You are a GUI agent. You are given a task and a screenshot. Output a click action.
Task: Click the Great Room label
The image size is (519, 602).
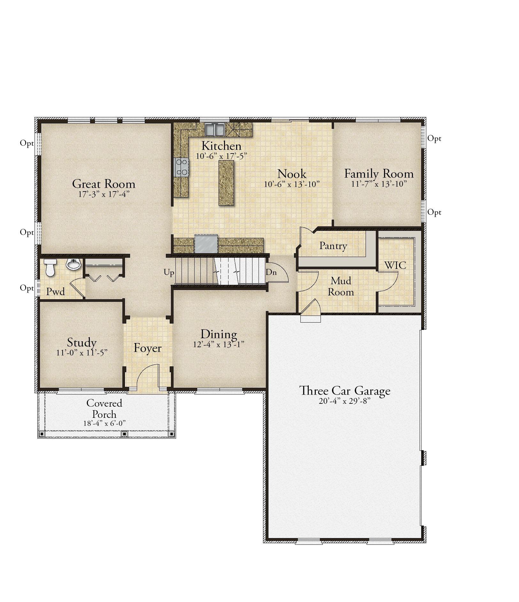pos(104,184)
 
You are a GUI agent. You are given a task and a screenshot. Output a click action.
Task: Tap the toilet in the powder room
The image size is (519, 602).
pos(50,268)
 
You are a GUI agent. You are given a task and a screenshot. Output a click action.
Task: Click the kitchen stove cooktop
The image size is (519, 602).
pos(182,167)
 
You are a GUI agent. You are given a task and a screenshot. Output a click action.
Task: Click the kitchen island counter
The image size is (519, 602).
pos(226,183)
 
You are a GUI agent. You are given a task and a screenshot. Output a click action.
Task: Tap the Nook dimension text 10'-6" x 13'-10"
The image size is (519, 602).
pos(292,184)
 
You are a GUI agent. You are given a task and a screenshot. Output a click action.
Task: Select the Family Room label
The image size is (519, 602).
pos(379,174)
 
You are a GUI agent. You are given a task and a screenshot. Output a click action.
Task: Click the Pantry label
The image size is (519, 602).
pos(333,246)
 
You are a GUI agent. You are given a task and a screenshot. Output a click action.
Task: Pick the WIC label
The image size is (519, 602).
pos(395,265)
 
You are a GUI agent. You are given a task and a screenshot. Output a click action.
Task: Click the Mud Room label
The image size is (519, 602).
pos(341,286)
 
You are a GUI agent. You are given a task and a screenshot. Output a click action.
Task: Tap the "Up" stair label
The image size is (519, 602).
pos(169,273)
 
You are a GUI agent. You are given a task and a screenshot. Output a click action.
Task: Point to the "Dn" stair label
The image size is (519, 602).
pos(271,272)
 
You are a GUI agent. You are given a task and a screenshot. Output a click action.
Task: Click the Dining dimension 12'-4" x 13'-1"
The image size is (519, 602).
pos(219,345)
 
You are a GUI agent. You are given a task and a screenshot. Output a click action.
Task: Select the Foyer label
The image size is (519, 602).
pos(147,348)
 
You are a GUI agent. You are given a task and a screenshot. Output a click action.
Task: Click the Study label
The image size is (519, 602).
pos(81,342)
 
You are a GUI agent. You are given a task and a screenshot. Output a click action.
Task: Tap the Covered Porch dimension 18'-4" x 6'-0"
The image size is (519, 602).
pos(104,423)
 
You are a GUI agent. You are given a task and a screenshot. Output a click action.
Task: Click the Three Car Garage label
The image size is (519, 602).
pos(345,391)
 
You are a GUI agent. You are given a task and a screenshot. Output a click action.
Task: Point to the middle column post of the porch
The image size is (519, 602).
pos(124,434)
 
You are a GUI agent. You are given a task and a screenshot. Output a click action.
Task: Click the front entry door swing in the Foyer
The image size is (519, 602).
pos(147,376)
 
